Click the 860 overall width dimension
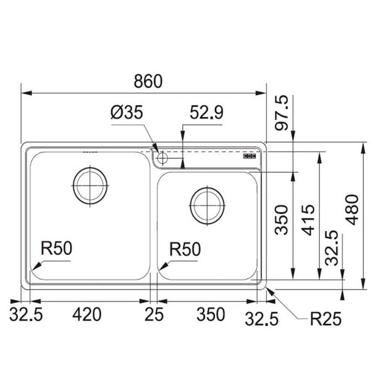(x=148, y=81)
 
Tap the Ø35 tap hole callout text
(x=127, y=112)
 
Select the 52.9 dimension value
(x=207, y=112)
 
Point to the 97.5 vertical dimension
(x=281, y=112)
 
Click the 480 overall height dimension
(x=352, y=210)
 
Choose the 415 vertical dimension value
(x=308, y=220)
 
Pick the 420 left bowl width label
(x=87, y=315)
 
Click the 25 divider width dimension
(x=154, y=315)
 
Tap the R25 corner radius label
(x=325, y=319)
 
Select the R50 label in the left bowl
(x=57, y=248)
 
